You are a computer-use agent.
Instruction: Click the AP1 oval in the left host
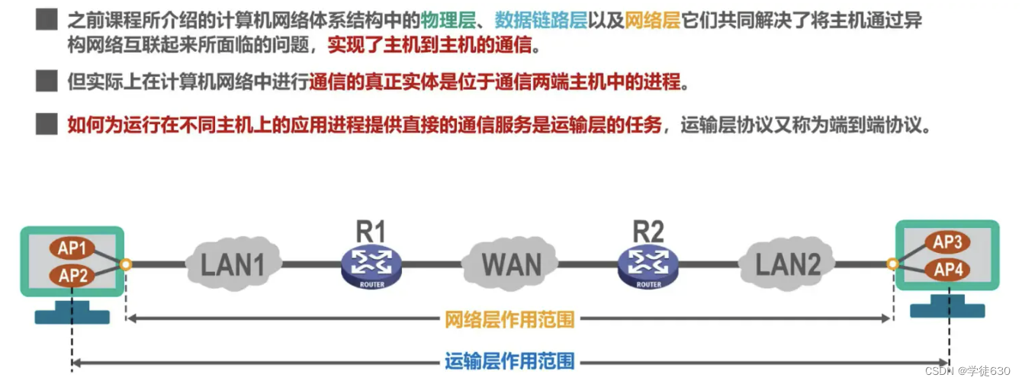coord(72,249)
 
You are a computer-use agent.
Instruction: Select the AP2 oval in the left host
coord(72,275)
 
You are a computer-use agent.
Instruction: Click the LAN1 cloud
coord(232,264)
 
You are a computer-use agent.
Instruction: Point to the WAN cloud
coord(511,264)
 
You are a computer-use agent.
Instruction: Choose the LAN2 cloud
coord(787,264)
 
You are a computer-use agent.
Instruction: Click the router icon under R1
coord(371,266)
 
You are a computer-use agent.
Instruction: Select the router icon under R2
coord(648,266)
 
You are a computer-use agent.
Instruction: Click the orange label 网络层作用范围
coord(509,319)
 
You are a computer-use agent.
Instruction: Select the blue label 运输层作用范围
coord(509,361)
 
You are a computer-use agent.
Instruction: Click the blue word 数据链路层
coord(540,20)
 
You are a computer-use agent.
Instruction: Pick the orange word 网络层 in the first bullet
coord(652,20)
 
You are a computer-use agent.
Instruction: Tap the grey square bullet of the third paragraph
coord(47,124)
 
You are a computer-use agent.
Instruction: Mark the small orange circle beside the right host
coord(893,264)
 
